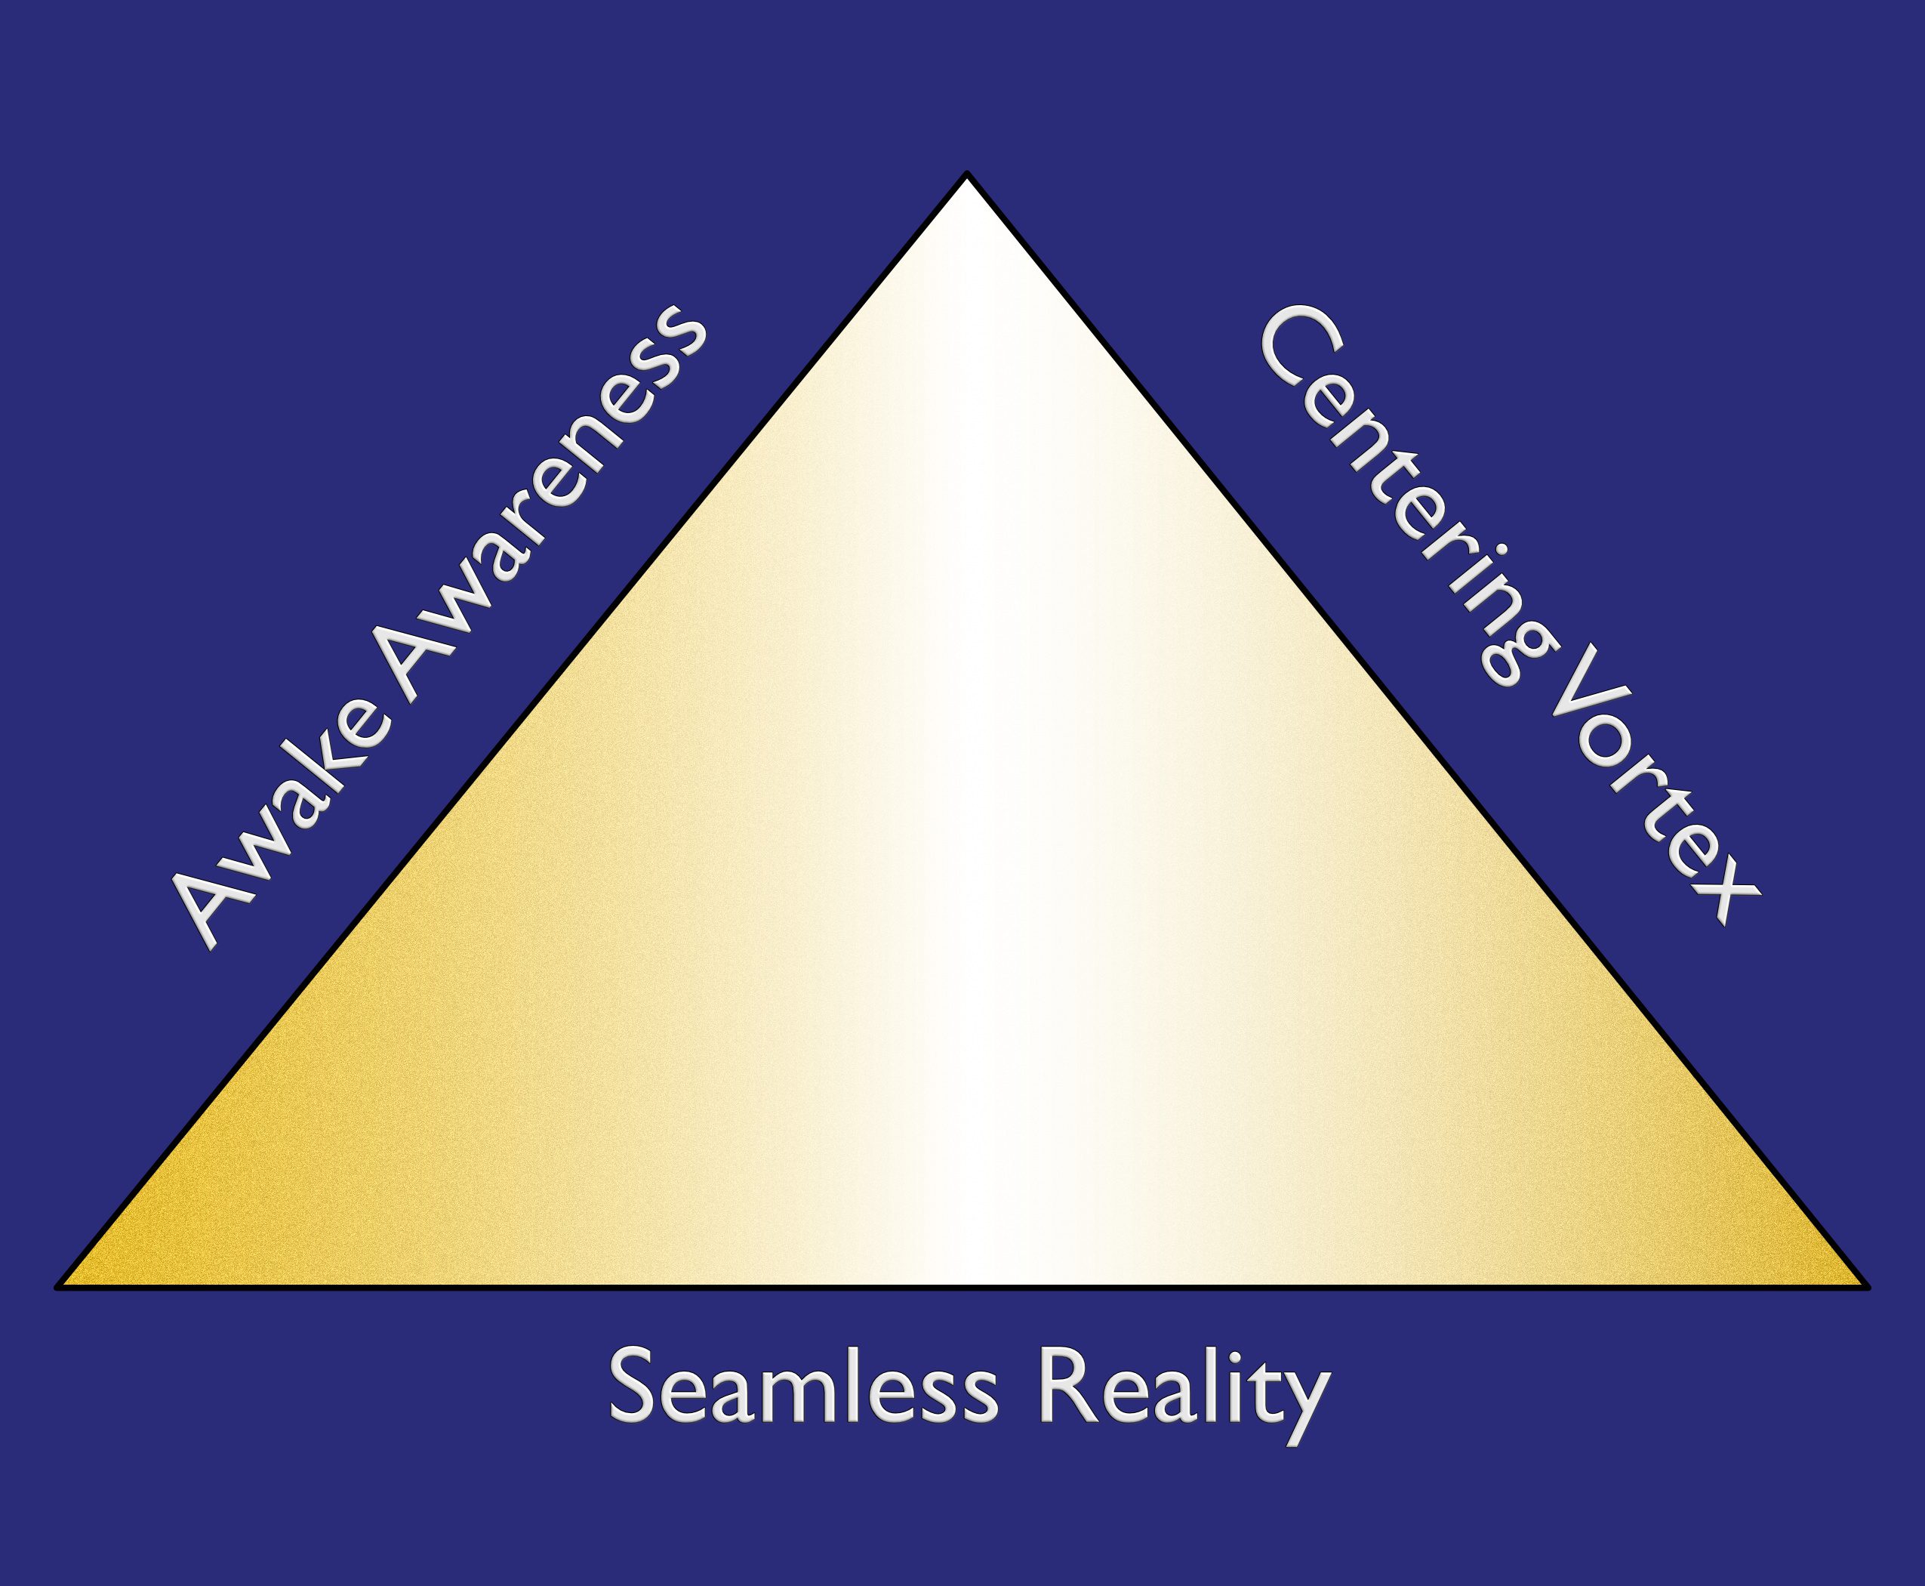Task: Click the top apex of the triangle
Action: (x=966, y=174)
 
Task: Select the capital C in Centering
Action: (x=1298, y=352)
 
